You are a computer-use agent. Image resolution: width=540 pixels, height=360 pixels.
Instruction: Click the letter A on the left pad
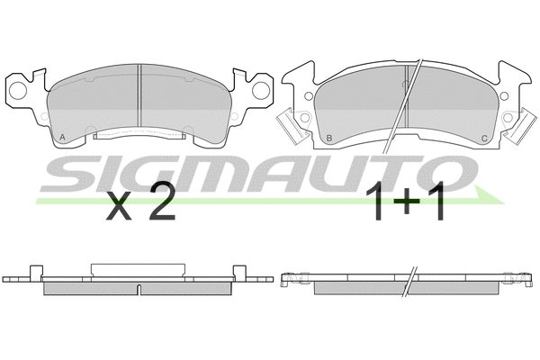click(61, 136)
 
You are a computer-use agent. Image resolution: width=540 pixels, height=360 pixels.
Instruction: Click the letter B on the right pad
click(330, 137)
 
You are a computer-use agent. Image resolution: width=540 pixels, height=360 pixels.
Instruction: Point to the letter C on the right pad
click(484, 137)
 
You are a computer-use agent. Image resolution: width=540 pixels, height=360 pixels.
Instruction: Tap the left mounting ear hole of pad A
click(18, 88)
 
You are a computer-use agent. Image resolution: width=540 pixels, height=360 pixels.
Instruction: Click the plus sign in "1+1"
click(406, 206)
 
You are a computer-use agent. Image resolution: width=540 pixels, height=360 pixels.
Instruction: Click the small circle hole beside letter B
click(308, 97)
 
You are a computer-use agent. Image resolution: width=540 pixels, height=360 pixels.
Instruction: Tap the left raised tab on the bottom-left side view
click(35, 269)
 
